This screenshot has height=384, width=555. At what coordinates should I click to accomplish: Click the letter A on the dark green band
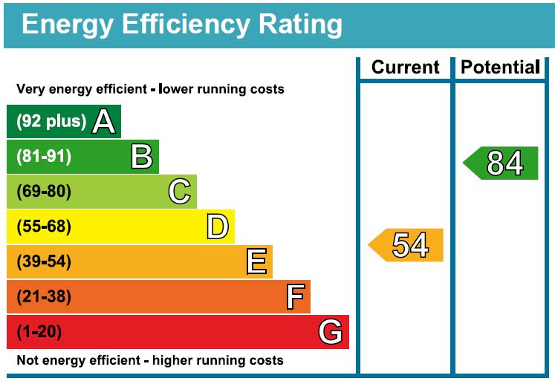click(104, 122)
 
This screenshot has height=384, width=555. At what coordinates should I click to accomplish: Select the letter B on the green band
click(141, 157)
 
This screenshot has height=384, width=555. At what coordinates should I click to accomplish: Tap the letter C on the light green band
click(179, 192)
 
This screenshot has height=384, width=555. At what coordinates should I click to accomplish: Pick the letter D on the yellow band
click(217, 227)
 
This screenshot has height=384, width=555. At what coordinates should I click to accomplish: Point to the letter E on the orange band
click(256, 261)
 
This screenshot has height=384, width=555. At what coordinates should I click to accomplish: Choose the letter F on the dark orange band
click(295, 297)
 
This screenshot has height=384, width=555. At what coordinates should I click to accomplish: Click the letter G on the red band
click(331, 332)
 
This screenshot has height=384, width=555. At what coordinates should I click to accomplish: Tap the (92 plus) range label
click(51, 122)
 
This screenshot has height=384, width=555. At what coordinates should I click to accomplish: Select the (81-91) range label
click(44, 157)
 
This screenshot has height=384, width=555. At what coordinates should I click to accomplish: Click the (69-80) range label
click(44, 192)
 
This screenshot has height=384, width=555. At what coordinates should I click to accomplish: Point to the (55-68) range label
click(44, 227)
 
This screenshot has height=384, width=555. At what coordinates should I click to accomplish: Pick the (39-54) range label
click(44, 261)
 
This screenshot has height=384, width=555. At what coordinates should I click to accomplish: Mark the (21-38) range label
click(44, 297)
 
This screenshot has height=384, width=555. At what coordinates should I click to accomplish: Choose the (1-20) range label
click(39, 332)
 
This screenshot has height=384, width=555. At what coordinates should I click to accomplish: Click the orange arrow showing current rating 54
click(406, 245)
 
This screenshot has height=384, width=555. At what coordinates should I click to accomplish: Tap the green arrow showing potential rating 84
click(501, 163)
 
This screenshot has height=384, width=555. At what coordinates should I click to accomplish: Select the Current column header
click(406, 68)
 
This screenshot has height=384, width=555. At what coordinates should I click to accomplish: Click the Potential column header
click(500, 68)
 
